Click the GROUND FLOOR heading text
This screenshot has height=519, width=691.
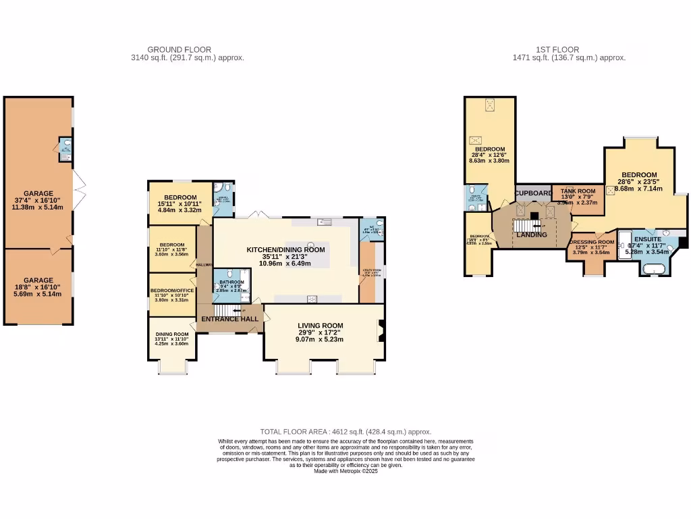(179, 49)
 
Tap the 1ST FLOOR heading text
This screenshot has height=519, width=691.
(557, 49)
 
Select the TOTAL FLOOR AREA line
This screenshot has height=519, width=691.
(345, 432)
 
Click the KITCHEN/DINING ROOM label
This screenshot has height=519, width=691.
(285, 249)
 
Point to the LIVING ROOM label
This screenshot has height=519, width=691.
(321, 326)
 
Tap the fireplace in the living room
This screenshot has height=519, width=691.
(381, 330)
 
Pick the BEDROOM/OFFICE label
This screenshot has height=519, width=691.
(172, 291)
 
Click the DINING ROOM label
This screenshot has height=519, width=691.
(172, 335)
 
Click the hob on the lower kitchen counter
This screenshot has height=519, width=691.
(312, 298)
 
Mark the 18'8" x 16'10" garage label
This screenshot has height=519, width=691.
(38, 280)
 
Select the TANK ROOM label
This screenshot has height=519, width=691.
(577, 191)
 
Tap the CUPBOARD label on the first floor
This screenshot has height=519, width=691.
(534, 193)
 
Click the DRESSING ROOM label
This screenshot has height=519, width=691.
(591, 242)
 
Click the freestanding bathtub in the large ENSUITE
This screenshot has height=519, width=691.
(655, 270)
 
